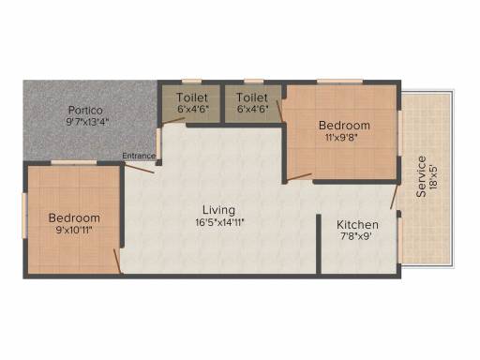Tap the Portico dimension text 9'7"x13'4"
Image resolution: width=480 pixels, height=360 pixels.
[87, 121]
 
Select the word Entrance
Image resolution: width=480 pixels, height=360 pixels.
[139, 156]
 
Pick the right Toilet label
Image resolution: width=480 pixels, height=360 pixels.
[252, 97]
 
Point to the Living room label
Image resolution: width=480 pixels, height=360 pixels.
[218, 209]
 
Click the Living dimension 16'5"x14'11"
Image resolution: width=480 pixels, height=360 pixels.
[218, 222]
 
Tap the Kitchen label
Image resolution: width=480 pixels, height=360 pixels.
[357, 225]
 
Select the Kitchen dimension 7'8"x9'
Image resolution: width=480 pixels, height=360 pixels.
[357, 237]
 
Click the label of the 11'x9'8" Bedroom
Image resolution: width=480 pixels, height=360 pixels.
[344, 126]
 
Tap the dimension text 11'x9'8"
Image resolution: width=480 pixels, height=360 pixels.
[344, 138]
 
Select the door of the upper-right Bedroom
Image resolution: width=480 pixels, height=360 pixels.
[299, 175]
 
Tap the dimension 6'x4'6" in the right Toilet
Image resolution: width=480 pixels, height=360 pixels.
[252, 109]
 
